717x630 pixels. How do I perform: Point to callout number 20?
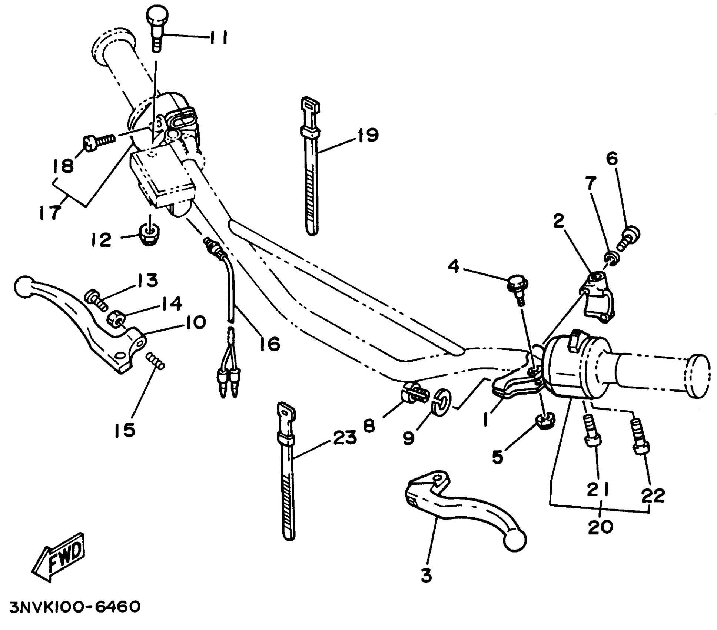[600, 527]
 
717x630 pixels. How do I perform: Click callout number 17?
[51, 212]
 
